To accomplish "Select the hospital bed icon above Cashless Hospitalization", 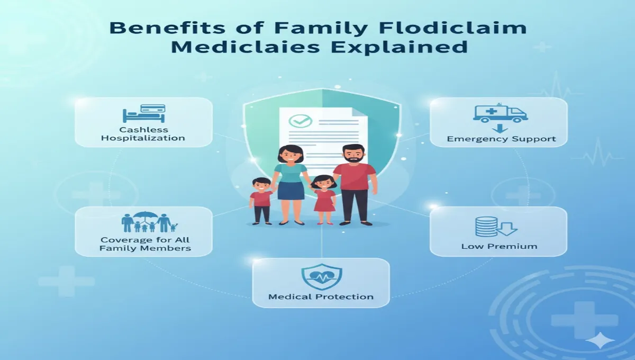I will coord(143,114).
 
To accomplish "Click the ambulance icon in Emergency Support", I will coord(500,113).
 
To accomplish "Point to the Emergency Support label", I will coord(501,139).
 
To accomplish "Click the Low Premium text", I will coord(499,246).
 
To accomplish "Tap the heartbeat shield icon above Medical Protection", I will coord(321,277).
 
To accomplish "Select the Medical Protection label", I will coord(321,296).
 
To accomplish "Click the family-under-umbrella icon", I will coord(150,223).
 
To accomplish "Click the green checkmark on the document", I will coord(297,121).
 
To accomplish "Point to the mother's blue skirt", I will coord(291,191).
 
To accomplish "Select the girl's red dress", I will coord(324,201).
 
